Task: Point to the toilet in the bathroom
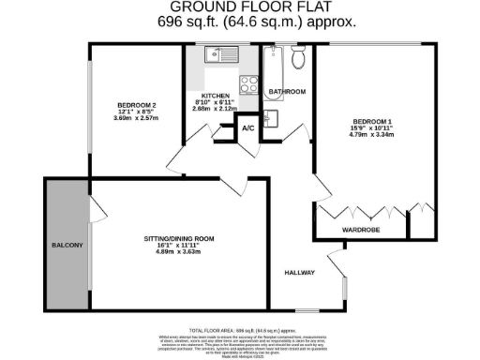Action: (x=298, y=59)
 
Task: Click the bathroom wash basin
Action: (x=271, y=119)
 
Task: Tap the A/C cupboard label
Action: (x=247, y=127)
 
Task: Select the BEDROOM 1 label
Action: (x=371, y=121)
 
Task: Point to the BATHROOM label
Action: (x=287, y=91)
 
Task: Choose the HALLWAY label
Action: (x=300, y=273)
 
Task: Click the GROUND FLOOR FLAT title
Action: (x=240, y=7)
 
